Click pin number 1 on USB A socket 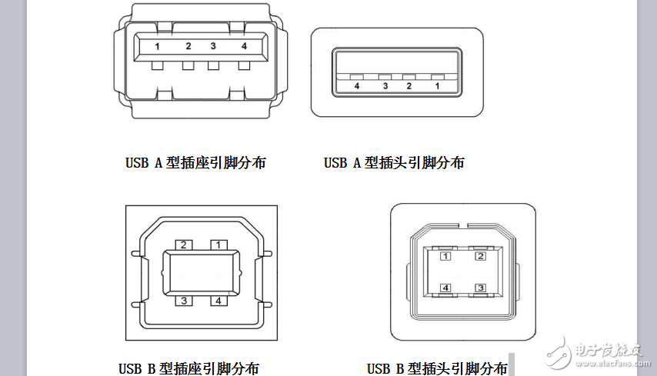point(157,46)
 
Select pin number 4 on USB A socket point(244,46)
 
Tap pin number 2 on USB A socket point(188,46)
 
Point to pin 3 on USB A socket point(213,46)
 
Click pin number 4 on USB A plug point(356,86)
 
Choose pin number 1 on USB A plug point(437,86)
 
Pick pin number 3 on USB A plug point(385,86)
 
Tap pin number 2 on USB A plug point(409,86)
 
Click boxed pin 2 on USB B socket point(184,245)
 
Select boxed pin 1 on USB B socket point(218,245)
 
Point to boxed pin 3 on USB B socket point(185,301)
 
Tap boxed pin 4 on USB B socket point(218,301)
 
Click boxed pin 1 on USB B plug point(445,256)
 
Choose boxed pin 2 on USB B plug point(480,256)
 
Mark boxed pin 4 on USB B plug point(445,288)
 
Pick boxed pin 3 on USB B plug point(480,288)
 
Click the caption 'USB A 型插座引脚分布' point(195,163)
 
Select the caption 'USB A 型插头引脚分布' point(394,163)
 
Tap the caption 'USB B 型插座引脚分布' point(188,368)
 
